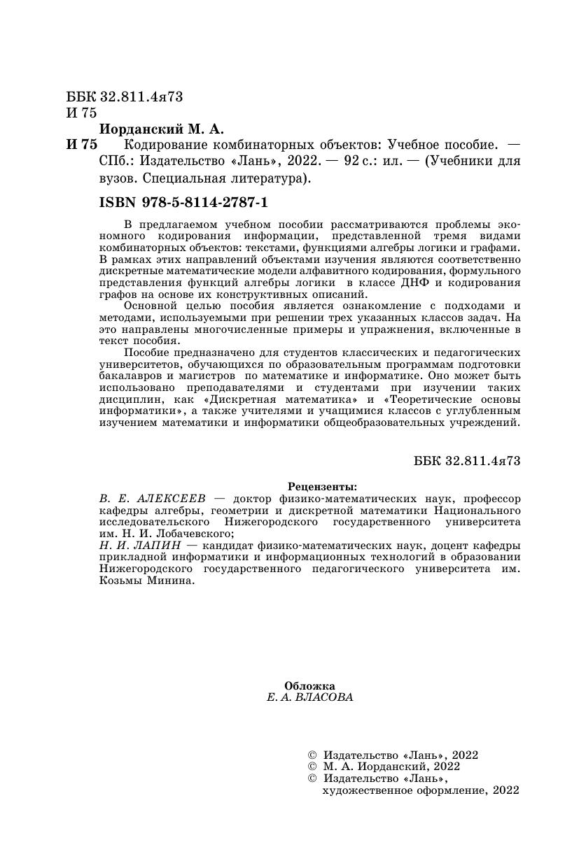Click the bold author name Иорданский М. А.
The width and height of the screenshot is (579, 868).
[161, 129]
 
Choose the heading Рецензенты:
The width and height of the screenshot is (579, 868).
[322, 486]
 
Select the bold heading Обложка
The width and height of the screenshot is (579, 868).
[310, 686]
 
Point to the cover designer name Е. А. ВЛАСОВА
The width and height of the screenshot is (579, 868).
[310, 697]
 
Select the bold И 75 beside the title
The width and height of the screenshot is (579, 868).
[81, 145]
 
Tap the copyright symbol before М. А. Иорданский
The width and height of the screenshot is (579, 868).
[312, 766]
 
